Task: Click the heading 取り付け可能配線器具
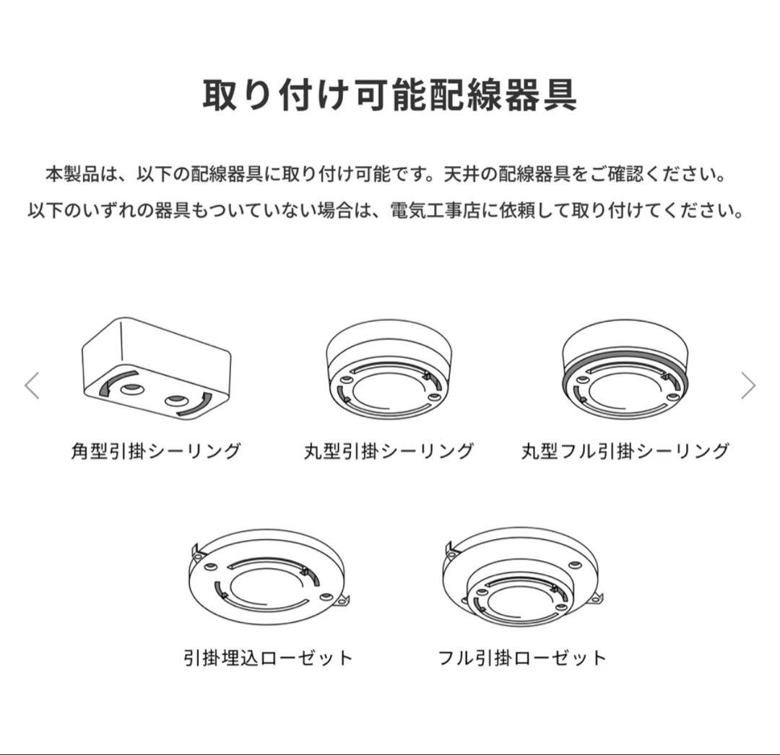coord(389,94)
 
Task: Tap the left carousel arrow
coord(32,386)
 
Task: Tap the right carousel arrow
coord(748,386)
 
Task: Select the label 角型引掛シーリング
coord(155,452)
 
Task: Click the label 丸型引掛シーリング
coord(389,452)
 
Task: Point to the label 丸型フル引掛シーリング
coord(625,452)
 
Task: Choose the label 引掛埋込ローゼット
coord(268,658)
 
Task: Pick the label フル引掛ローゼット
coord(522,658)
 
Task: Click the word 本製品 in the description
coord(69,175)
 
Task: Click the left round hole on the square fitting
coord(131,389)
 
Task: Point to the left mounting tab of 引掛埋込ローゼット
coord(195,552)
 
